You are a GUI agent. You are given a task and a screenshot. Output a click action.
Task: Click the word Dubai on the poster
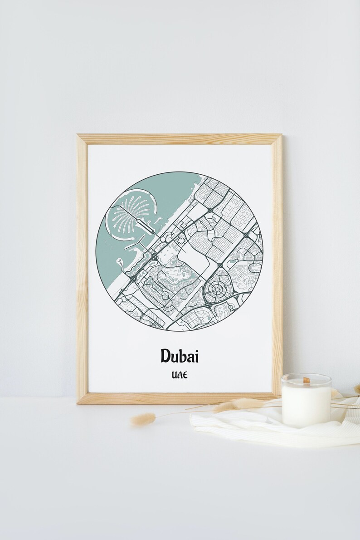point(179,356)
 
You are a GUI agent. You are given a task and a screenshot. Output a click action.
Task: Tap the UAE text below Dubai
point(180,376)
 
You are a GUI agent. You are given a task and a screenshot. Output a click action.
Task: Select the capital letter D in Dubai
point(165,356)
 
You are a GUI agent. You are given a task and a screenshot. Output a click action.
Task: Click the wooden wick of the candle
point(306,380)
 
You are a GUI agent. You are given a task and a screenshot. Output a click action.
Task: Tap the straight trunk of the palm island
point(144,223)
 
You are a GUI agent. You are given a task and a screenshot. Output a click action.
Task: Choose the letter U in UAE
point(174,376)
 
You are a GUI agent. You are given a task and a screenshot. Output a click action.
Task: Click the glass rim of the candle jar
point(306,376)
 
